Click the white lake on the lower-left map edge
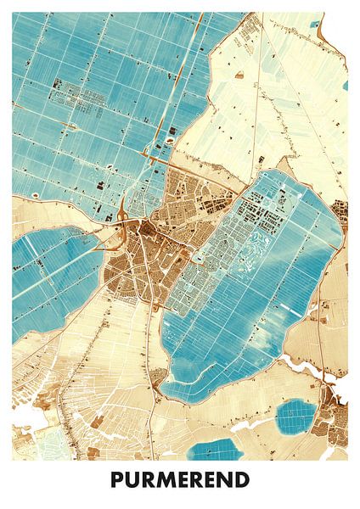25,416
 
